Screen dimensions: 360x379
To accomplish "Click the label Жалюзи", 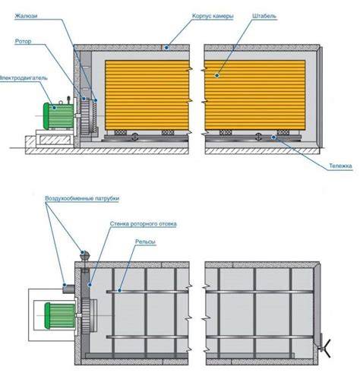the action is point(27,16).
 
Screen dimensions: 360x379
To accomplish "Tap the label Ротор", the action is point(23,41).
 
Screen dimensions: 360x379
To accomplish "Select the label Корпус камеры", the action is point(213,16).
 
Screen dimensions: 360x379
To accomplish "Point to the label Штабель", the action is point(264,16).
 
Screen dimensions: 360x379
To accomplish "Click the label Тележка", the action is point(340,166).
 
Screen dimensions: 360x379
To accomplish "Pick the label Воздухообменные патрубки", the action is point(82,198).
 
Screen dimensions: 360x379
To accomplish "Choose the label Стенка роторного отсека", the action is point(144,224).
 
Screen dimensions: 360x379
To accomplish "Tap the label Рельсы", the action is point(145,242).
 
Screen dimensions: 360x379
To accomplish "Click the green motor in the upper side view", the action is point(58,116).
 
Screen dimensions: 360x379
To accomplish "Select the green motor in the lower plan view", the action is point(60,316).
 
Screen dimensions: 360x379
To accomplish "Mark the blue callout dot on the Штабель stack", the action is point(217,75).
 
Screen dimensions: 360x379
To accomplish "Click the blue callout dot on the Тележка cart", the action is point(273,137).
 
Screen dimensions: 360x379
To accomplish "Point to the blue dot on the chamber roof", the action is point(166,47).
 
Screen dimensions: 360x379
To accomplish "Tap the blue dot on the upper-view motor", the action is point(54,107).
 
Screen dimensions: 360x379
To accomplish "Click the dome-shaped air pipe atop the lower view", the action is point(85,256).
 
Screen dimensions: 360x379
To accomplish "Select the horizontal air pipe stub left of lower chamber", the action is point(68,289).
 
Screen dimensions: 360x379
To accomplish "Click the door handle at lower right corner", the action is point(325,349).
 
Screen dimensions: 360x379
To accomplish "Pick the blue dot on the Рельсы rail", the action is point(119,290).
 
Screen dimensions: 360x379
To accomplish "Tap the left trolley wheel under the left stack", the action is point(135,137).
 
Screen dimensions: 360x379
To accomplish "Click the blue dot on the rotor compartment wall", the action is point(90,285).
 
